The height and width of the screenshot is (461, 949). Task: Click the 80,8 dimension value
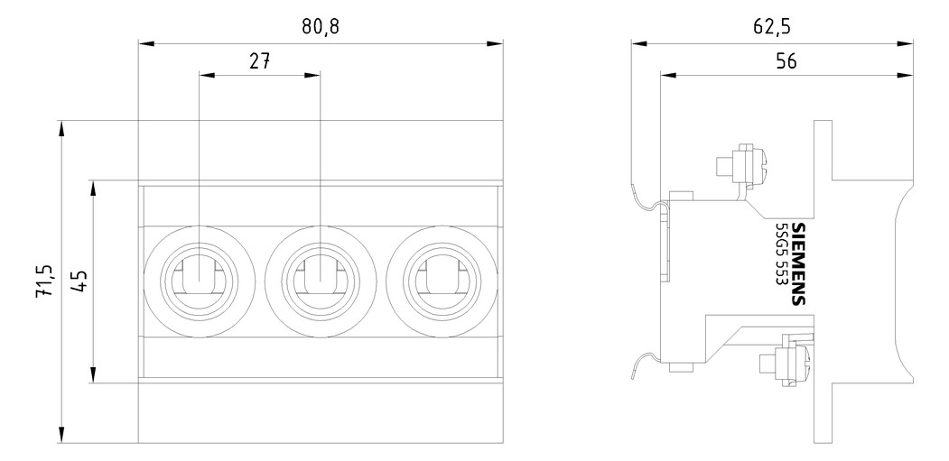click(x=321, y=28)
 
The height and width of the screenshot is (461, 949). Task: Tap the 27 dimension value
click(x=259, y=61)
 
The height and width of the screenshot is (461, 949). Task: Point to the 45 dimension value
click(x=78, y=281)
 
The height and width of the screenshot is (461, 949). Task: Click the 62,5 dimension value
click(x=772, y=27)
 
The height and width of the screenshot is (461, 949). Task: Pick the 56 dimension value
click(x=786, y=61)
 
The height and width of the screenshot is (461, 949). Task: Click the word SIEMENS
click(x=799, y=263)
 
